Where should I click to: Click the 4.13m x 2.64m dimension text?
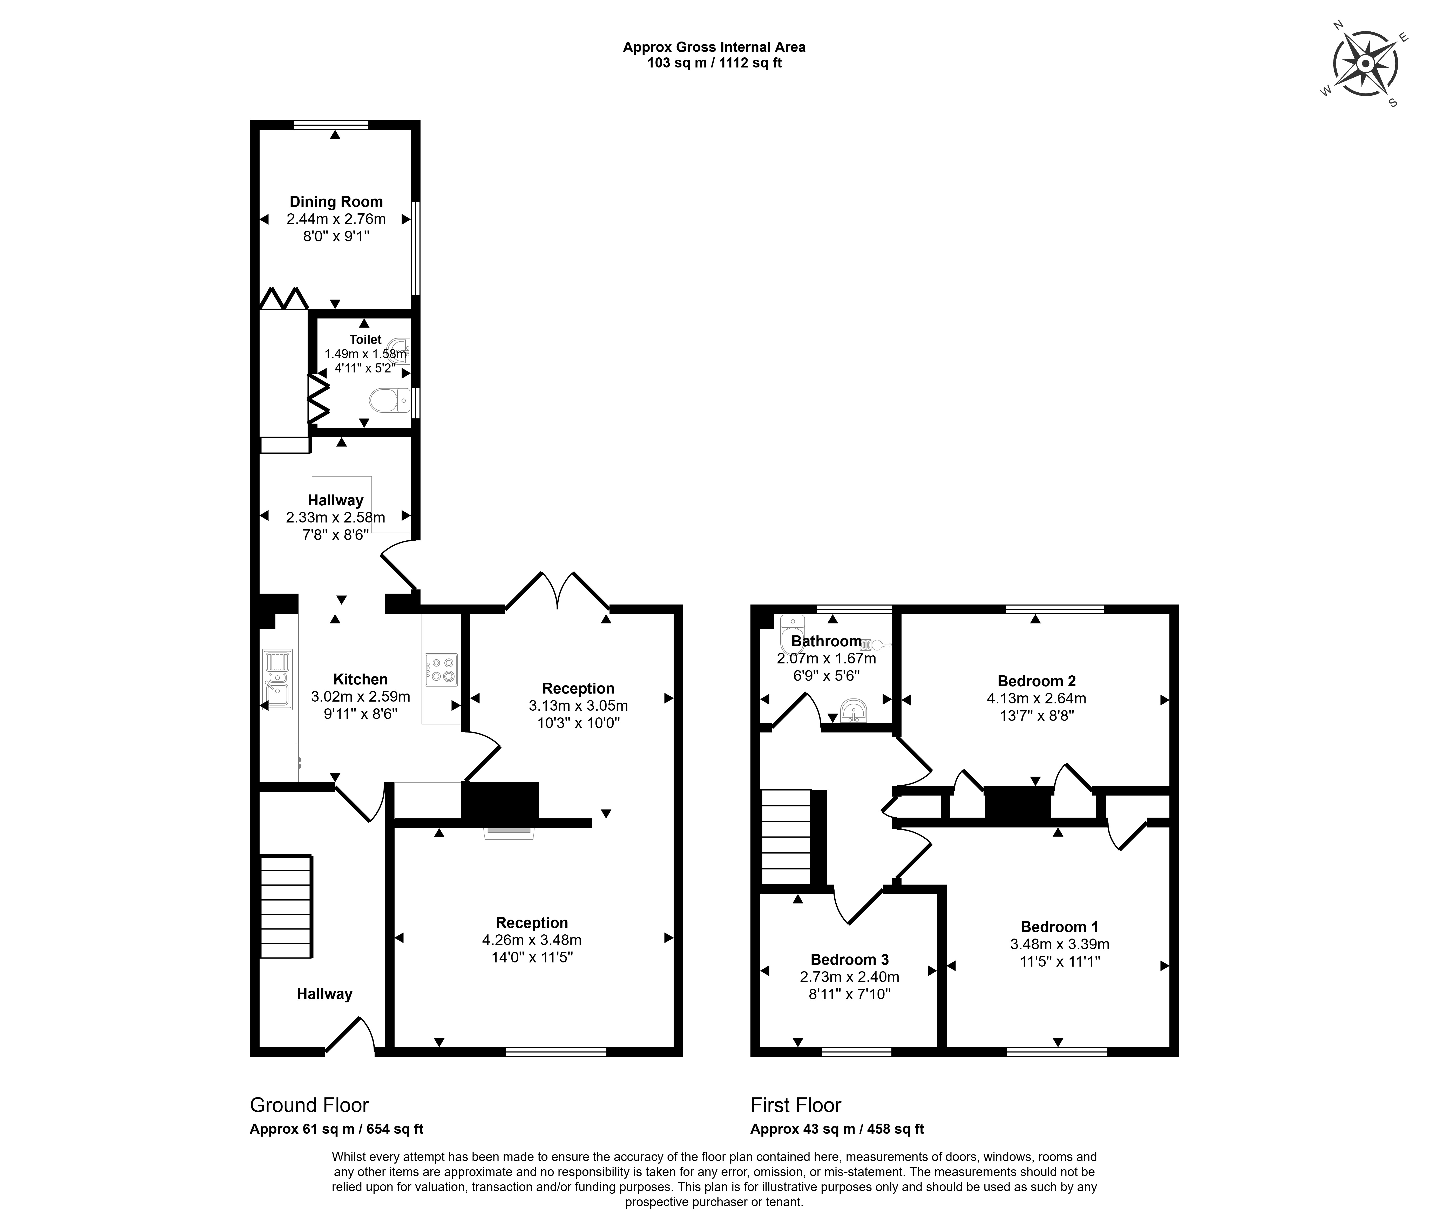(x=1036, y=699)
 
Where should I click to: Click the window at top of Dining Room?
(x=331, y=125)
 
